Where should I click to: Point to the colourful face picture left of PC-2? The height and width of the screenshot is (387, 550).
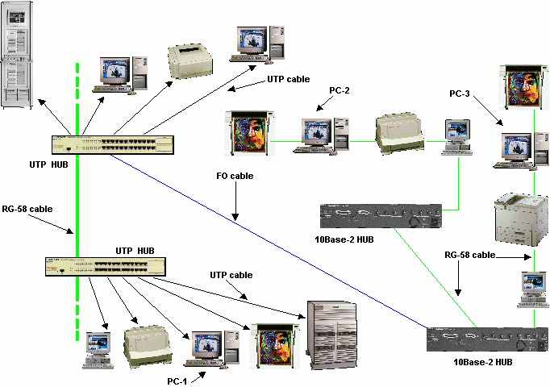pos(250,131)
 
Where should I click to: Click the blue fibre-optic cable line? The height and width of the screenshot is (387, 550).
pos(266,242)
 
